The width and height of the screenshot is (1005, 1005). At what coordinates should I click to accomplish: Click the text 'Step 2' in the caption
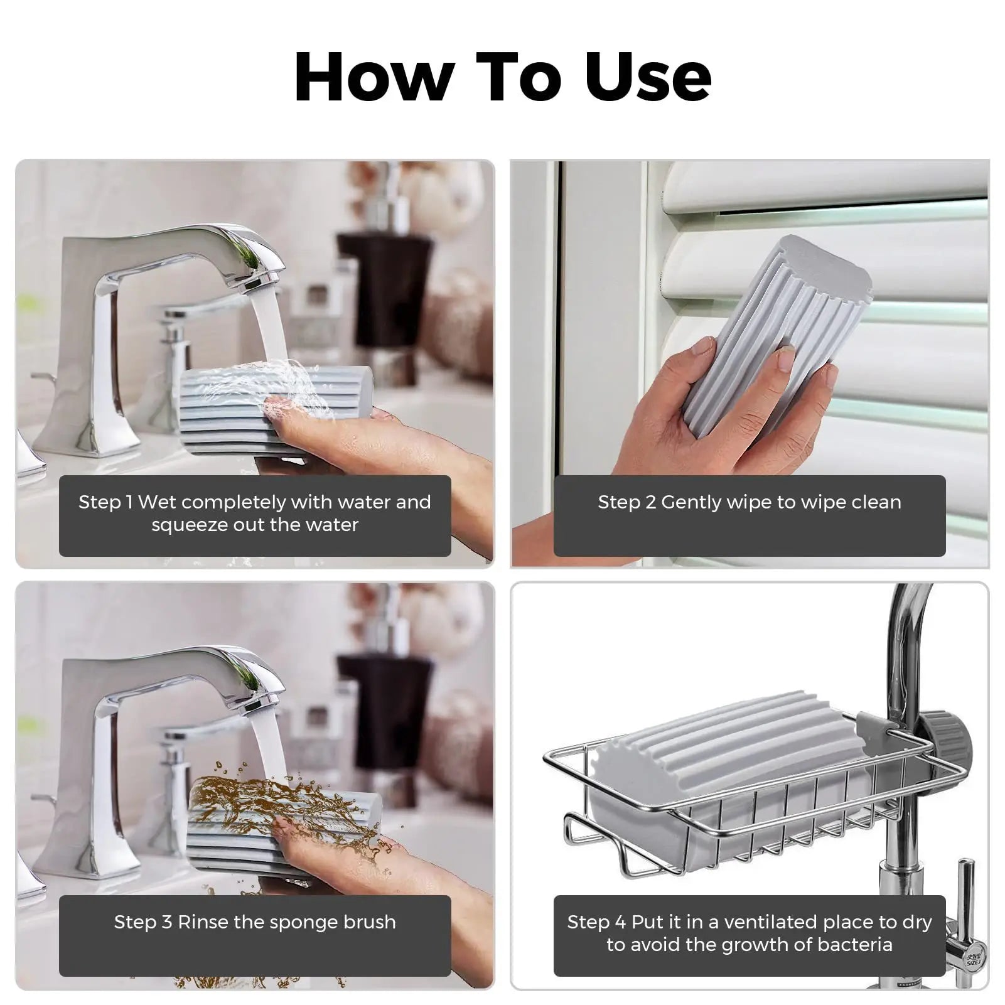pos(626,502)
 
